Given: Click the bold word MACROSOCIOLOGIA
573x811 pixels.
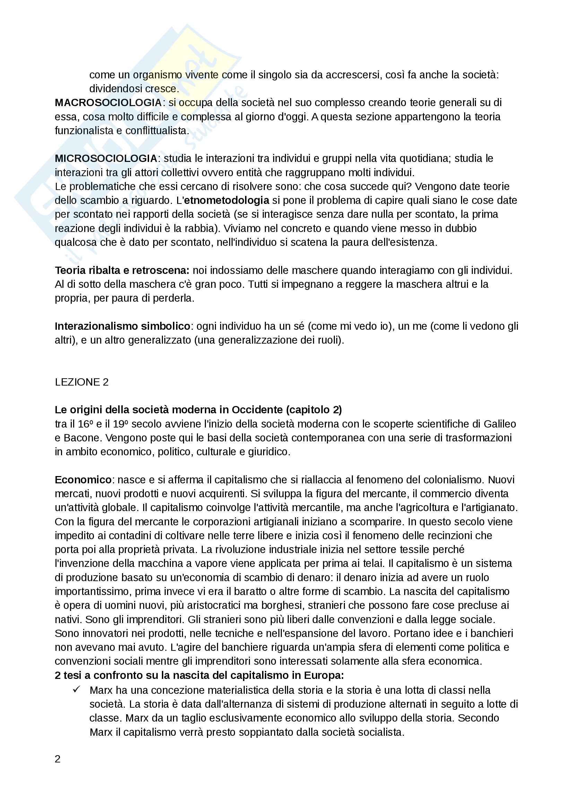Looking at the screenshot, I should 108,103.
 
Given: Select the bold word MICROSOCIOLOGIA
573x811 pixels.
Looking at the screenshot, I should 106,158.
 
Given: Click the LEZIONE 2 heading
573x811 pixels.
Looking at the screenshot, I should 81,382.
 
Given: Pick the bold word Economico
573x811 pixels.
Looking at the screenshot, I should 83,480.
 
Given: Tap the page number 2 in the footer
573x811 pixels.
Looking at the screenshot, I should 58,759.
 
